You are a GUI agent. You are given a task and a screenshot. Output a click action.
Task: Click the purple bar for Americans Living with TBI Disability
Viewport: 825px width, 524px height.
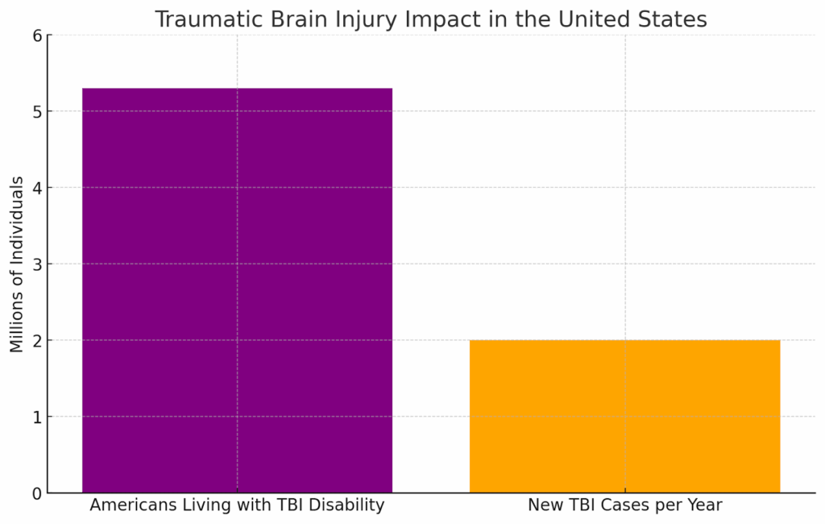(237, 290)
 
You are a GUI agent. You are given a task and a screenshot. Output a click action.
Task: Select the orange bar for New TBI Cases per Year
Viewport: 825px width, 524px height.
(624, 416)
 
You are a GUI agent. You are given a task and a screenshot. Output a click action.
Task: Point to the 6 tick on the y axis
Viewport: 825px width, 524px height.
(37, 35)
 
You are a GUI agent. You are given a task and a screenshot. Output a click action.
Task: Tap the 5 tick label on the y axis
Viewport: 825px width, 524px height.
(37, 111)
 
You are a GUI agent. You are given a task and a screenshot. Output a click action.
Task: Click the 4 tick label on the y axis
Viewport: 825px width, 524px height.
(37, 188)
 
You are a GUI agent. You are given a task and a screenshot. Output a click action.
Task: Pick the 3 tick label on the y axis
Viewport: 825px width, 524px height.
(37, 264)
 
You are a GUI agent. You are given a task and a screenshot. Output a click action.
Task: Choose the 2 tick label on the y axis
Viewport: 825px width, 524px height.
(37, 340)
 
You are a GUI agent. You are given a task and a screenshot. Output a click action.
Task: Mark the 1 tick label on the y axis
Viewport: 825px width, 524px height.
(37, 417)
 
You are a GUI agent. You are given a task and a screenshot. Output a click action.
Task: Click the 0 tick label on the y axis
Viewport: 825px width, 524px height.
(37, 493)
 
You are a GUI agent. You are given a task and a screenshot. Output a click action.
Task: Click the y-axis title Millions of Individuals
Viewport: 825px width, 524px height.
(17, 264)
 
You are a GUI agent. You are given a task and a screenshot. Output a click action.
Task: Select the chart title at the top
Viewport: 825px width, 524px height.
(430, 19)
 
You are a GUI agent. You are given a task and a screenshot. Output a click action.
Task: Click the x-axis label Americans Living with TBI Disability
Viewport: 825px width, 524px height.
(237, 506)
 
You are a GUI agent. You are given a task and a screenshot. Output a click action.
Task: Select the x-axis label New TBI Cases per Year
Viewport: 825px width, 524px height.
(624, 506)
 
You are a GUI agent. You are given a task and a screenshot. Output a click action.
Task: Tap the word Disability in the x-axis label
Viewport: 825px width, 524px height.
(351, 506)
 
